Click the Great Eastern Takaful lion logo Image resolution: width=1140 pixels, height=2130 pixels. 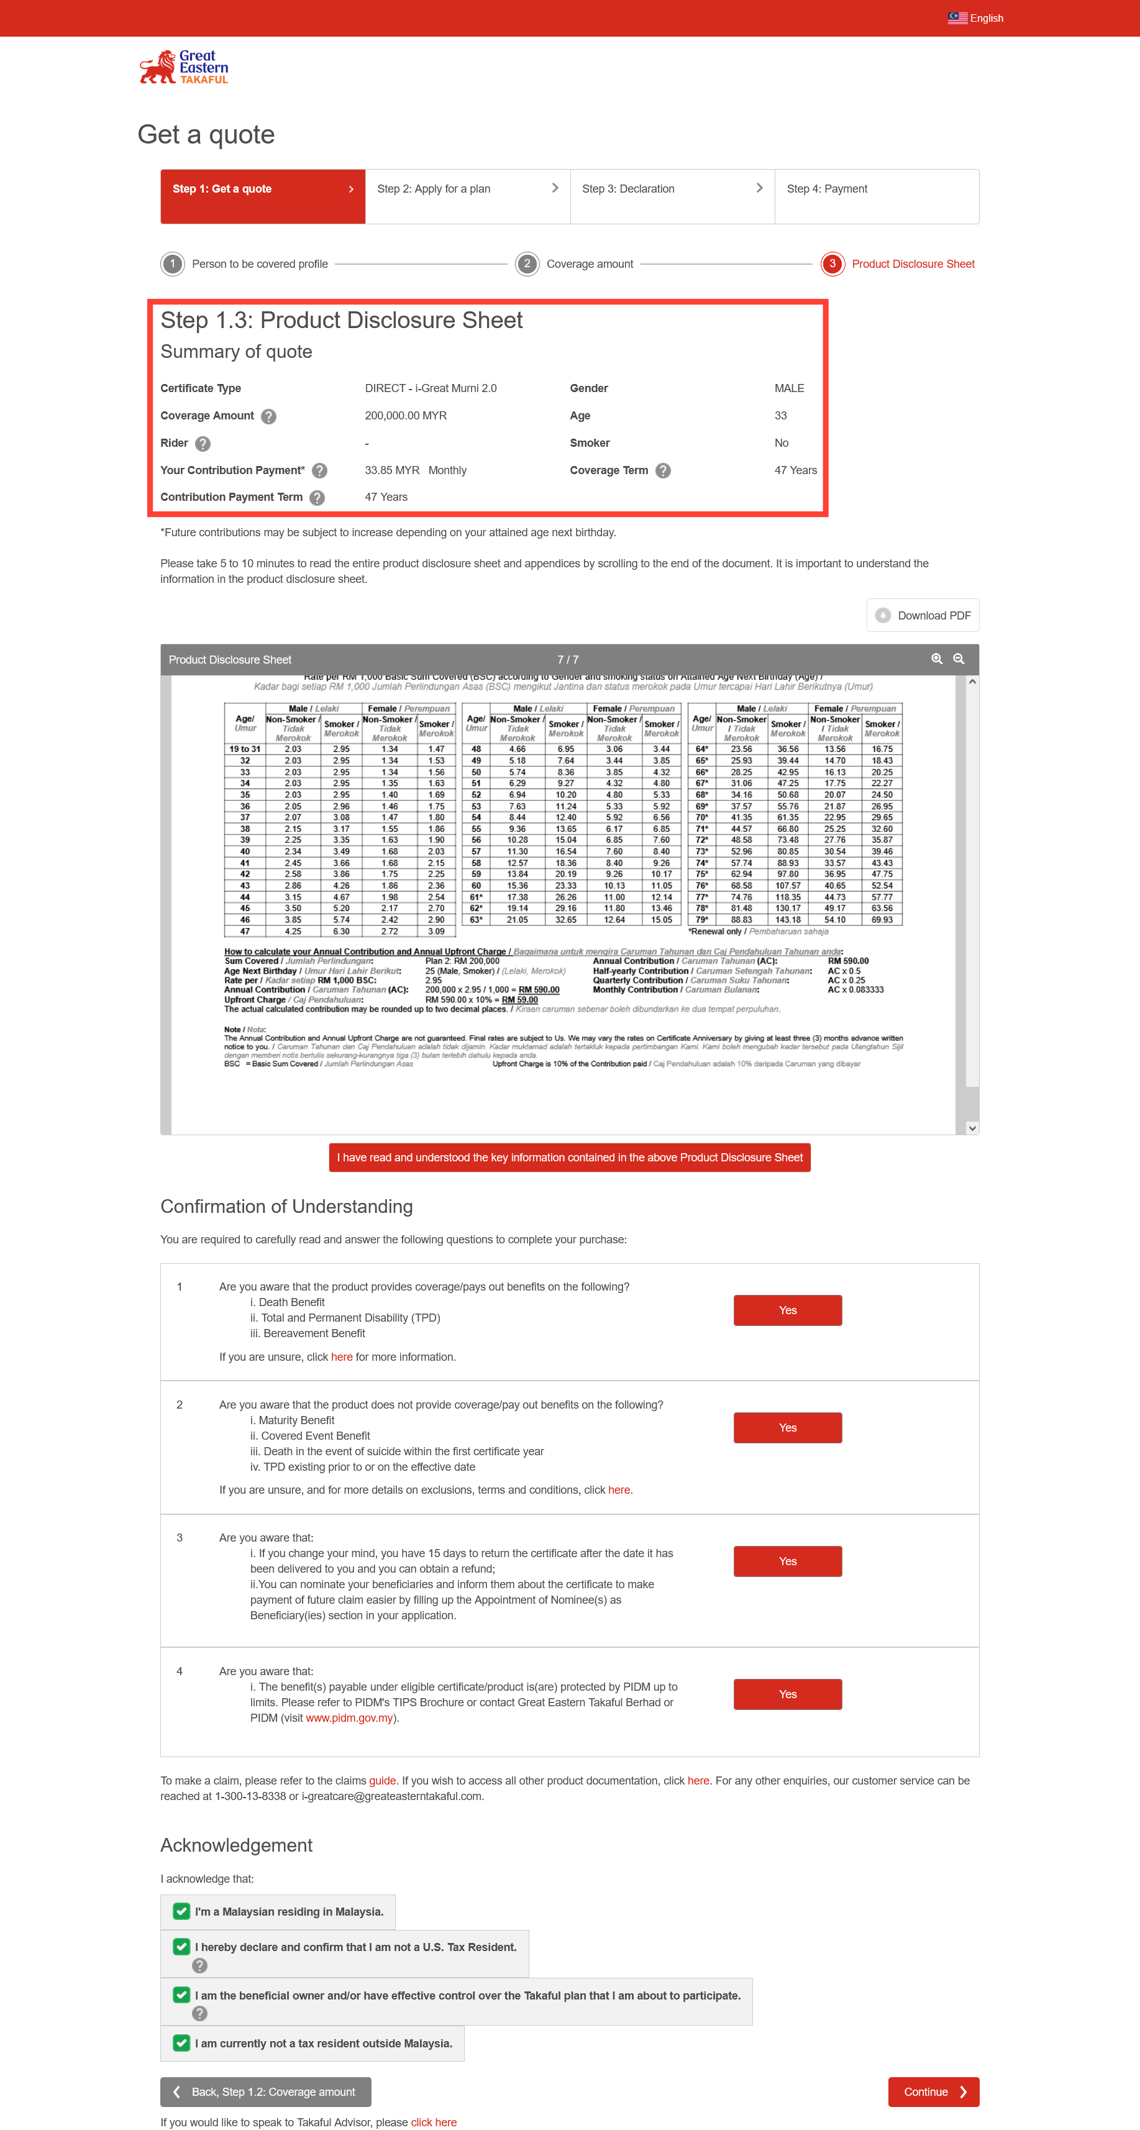(183, 68)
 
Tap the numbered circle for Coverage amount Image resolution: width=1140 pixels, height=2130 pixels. (527, 264)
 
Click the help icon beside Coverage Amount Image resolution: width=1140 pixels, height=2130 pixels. (268, 416)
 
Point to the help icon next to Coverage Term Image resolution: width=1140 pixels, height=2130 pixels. (663, 470)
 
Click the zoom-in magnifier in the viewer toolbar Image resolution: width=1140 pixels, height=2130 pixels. (937, 659)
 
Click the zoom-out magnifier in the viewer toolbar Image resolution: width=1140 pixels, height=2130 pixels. (959, 659)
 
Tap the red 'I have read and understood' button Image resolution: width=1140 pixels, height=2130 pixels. (570, 1158)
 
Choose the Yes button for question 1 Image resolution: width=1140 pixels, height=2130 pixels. (787, 1310)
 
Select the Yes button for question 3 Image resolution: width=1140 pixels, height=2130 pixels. (787, 1561)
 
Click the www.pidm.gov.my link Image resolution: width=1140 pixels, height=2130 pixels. (349, 1718)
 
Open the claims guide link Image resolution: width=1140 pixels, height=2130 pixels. (382, 1781)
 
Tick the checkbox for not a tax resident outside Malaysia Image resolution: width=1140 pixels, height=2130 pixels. (181, 2043)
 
